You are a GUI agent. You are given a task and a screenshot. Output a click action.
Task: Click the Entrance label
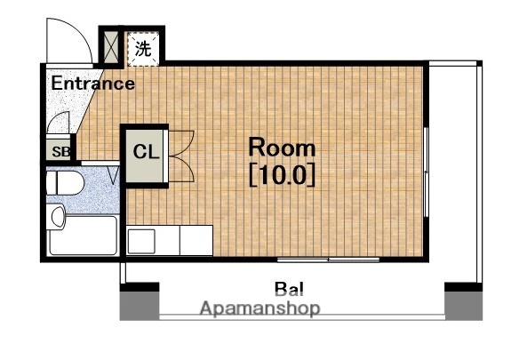[x=93, y=84]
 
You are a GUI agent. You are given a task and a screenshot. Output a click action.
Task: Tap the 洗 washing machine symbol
[x=143, y=49]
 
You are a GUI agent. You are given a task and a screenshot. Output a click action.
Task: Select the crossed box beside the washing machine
[x=111, y=47]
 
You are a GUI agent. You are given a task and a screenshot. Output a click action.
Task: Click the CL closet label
[x=146, y=152]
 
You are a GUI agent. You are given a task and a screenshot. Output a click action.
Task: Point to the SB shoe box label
[x=61, y=152]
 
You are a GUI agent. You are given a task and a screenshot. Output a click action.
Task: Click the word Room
[x=282, y=148]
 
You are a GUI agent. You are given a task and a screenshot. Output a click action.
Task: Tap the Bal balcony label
[x=289, y=289]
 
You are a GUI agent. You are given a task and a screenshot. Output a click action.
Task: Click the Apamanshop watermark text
[x=260, y=308]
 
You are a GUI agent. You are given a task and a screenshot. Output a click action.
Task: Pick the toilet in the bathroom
[x=65, y=183]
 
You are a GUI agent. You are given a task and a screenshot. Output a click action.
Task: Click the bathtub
[x=83, y=235]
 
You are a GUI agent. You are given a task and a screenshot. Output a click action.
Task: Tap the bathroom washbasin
[x=58, y=216]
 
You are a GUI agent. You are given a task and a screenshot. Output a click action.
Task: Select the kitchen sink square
[x=141, y=242]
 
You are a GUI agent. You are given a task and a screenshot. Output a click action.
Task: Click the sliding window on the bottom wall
[x=328, y=260]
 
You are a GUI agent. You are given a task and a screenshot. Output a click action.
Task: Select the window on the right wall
[x=427, y=172]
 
